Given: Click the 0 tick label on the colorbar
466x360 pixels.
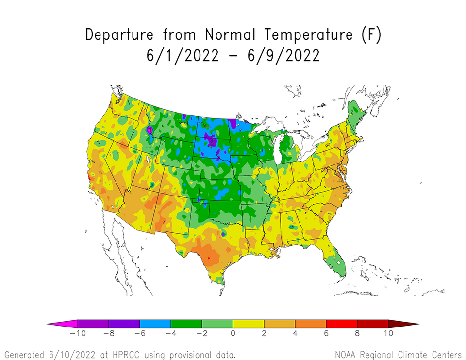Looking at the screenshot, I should pyautogui.click(x=233, y=334).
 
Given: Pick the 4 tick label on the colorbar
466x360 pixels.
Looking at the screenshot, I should pyautogui.click(x=295, y=334).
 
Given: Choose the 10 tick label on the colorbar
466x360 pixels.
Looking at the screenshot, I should pyautogui.click(x=388, y=334).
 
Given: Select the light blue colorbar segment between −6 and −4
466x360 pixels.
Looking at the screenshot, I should pyautogui.click(x=155, y=323).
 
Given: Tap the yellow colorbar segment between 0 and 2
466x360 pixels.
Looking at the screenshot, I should pyautogui.click(x=249, y=323).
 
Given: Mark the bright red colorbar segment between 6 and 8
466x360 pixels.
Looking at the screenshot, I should pyautogui.click(x=342, y=323).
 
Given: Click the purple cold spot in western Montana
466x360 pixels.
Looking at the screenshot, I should pyautogui.click(x=150, y=131).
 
